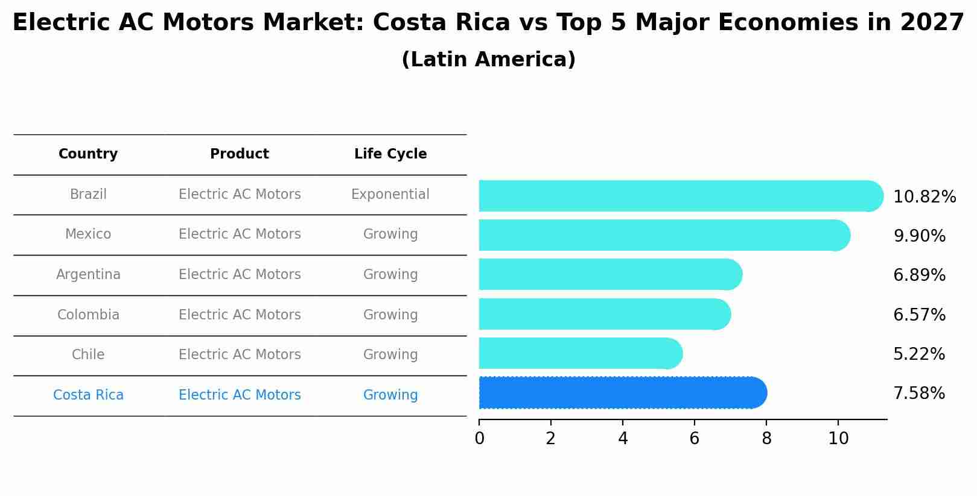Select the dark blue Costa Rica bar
tap(622, 393)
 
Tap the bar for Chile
tap(579, 353)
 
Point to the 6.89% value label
tap(919, 275)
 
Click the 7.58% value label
tap(919, 394)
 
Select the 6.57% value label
tap(919, 315)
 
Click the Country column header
tap(88, 154)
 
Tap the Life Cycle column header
tap(390, 154)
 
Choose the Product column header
tap(240, 154)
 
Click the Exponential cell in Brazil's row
tap(390, 195)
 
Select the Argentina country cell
tap(88, 275)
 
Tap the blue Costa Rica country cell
tap(88, 395)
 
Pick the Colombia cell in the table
tap(88, 315)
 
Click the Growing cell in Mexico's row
tap(390, 234)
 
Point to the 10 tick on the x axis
tap(838, 439)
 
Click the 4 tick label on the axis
tap(623, 439)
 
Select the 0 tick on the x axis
tap(479, 439)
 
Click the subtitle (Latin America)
tap(488, 60)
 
